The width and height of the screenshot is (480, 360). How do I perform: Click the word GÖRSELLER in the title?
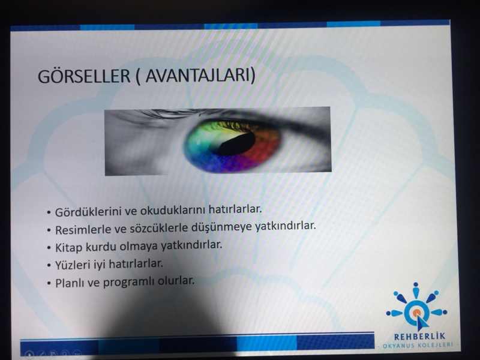tap(84, 76)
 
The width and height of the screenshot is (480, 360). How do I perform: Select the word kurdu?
tap(101, 247)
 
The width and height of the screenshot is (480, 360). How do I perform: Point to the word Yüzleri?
tap(71, 265)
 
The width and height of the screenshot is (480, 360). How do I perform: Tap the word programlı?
tap(129, 282)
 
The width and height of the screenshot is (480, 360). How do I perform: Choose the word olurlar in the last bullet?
tap(176, 281)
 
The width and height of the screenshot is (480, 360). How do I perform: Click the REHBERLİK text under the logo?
tap(419, 337)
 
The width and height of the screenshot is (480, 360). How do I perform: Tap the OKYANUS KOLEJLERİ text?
tap(418, 346)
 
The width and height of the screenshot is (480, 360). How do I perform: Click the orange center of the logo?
tap(416, 313)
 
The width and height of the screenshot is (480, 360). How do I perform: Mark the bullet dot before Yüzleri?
tap(49, 265)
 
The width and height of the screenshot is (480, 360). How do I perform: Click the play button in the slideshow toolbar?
tap(29, 355)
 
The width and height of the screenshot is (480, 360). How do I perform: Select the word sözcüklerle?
tap(158, 229)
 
